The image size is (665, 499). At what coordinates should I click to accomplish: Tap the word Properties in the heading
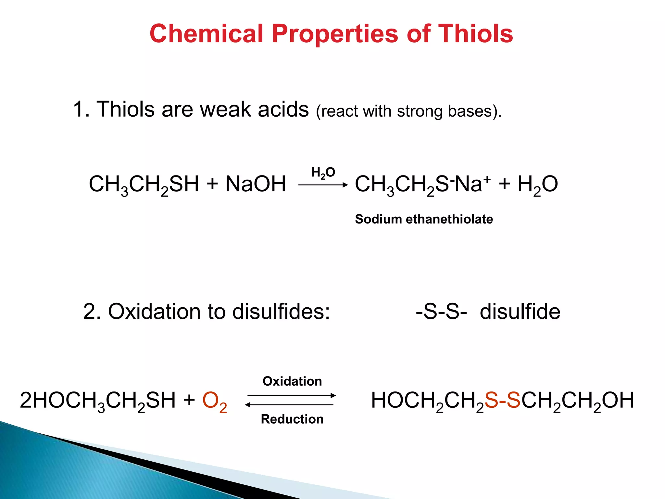[x=335, y=34]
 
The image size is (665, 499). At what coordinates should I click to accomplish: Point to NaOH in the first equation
[x=256, y=184]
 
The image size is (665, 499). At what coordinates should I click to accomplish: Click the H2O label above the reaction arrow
[x=323, y=173]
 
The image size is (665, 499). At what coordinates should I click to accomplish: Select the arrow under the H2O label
[x=323, y=185]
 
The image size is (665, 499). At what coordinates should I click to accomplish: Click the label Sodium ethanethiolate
[x=424, y=219]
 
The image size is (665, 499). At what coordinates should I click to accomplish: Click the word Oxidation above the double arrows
[x=292, y=381]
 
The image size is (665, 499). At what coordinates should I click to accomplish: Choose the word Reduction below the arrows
[x=292, y=419]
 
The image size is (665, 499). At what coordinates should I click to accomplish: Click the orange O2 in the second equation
[x=214, y=401]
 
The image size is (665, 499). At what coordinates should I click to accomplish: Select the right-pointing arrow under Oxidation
[x=292, y=396]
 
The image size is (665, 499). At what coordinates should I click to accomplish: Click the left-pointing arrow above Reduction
[x=289, y=405]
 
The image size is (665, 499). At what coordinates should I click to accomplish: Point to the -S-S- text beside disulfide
[x=441, y=312]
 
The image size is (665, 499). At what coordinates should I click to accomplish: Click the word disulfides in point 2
[x=281, y=312]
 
